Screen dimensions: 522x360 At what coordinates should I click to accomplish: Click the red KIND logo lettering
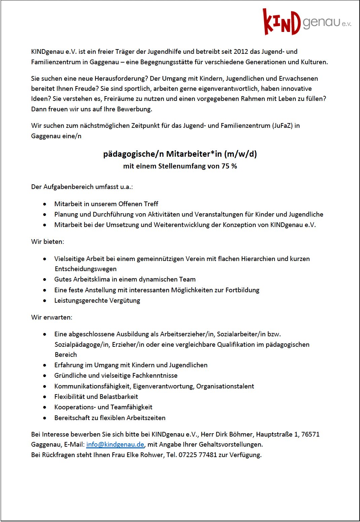[281, 23]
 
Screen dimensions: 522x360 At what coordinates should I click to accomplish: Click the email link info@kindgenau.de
[115, 444]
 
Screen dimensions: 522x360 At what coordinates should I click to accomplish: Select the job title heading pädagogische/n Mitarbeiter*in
[180, 154]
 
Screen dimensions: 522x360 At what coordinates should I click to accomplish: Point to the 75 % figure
[229, 166]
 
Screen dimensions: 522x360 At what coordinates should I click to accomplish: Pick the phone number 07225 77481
[197, 455]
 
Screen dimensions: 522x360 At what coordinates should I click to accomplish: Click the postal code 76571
[310, 434]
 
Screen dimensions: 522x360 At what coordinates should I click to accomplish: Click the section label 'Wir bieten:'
[47, 241]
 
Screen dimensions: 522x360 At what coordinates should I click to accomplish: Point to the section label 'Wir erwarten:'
[51, 317]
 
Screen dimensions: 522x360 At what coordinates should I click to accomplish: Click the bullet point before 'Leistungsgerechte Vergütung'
[45, 300]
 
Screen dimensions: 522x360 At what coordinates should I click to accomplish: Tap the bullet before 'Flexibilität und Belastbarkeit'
[45, 397]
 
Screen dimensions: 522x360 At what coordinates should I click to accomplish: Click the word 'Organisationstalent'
[225, 386]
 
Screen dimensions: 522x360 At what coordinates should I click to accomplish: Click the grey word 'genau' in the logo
[321, 23]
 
